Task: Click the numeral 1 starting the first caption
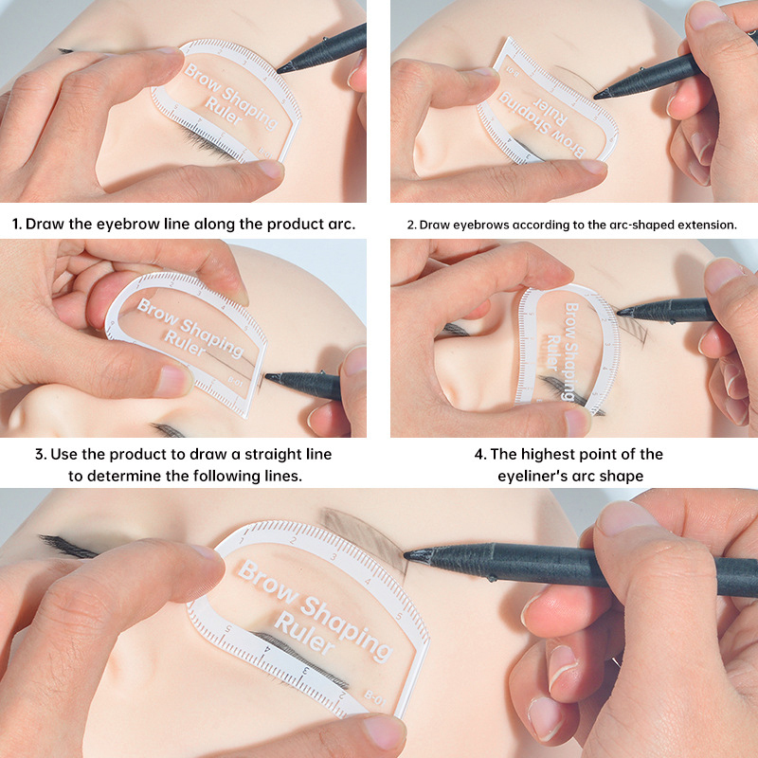[16, 224]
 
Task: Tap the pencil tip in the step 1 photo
[279, 70]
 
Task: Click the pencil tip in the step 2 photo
[596, 96]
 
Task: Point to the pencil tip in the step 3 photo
[267, 376]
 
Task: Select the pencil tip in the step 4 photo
[620, 312]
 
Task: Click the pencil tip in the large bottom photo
[406, 554]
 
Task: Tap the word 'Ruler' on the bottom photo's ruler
[303, 633]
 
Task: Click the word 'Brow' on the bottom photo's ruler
[267, 582]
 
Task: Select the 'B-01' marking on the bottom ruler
[375, 698]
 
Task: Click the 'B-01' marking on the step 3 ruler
[235, 382]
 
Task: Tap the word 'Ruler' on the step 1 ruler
[224, 111]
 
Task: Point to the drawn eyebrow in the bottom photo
[364, 534]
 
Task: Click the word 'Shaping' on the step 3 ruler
[211, 338]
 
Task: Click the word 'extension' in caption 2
[707, 225]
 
